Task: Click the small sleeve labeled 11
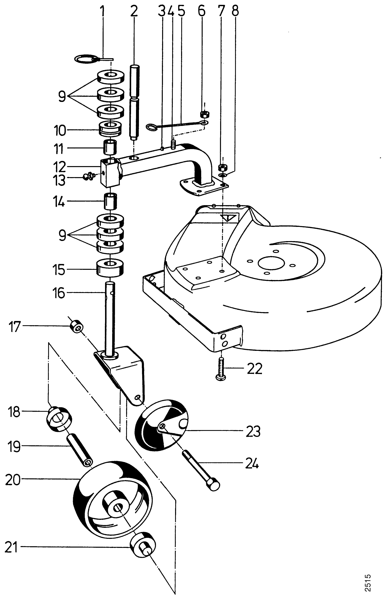(x=111, y=148)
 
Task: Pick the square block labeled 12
(x=110, y=173)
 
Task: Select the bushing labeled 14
(x=111, y=201)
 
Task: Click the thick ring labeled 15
(x=111, y=268)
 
